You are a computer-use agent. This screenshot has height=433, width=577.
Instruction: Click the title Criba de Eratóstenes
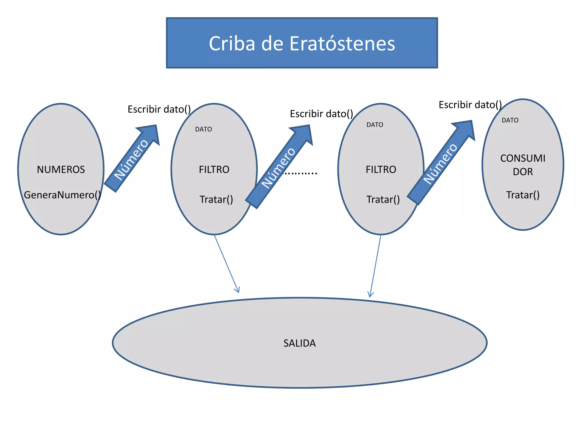click(302, 43)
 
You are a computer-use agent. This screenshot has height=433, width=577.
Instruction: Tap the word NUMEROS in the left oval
click(61, 169)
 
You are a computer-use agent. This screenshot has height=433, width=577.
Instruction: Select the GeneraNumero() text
click(62, 195)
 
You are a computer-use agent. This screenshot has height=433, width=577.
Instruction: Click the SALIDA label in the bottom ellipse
click(299, 343)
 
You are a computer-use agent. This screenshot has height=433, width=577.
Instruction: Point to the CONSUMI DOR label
click(523, 165)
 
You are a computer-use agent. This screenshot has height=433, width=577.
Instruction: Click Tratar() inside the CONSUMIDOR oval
click(523, 195)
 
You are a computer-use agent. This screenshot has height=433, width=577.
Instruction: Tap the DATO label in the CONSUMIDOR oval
click(510, 120)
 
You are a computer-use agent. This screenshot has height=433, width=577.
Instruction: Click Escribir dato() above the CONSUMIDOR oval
click(470, 105)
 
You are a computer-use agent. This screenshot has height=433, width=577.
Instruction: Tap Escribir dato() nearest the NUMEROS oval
click(159, 109)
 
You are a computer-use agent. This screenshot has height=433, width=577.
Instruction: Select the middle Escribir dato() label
click(321, 114)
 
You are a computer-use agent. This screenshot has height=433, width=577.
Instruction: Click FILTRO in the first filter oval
click(214, 169)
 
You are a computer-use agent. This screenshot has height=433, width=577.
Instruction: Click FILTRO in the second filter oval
click(381, 169)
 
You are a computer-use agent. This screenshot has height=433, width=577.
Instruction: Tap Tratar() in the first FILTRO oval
click(216, 199)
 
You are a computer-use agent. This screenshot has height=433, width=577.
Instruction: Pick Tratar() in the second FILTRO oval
click(383, 199)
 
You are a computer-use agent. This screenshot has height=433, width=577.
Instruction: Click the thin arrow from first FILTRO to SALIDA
click(227, 264)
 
